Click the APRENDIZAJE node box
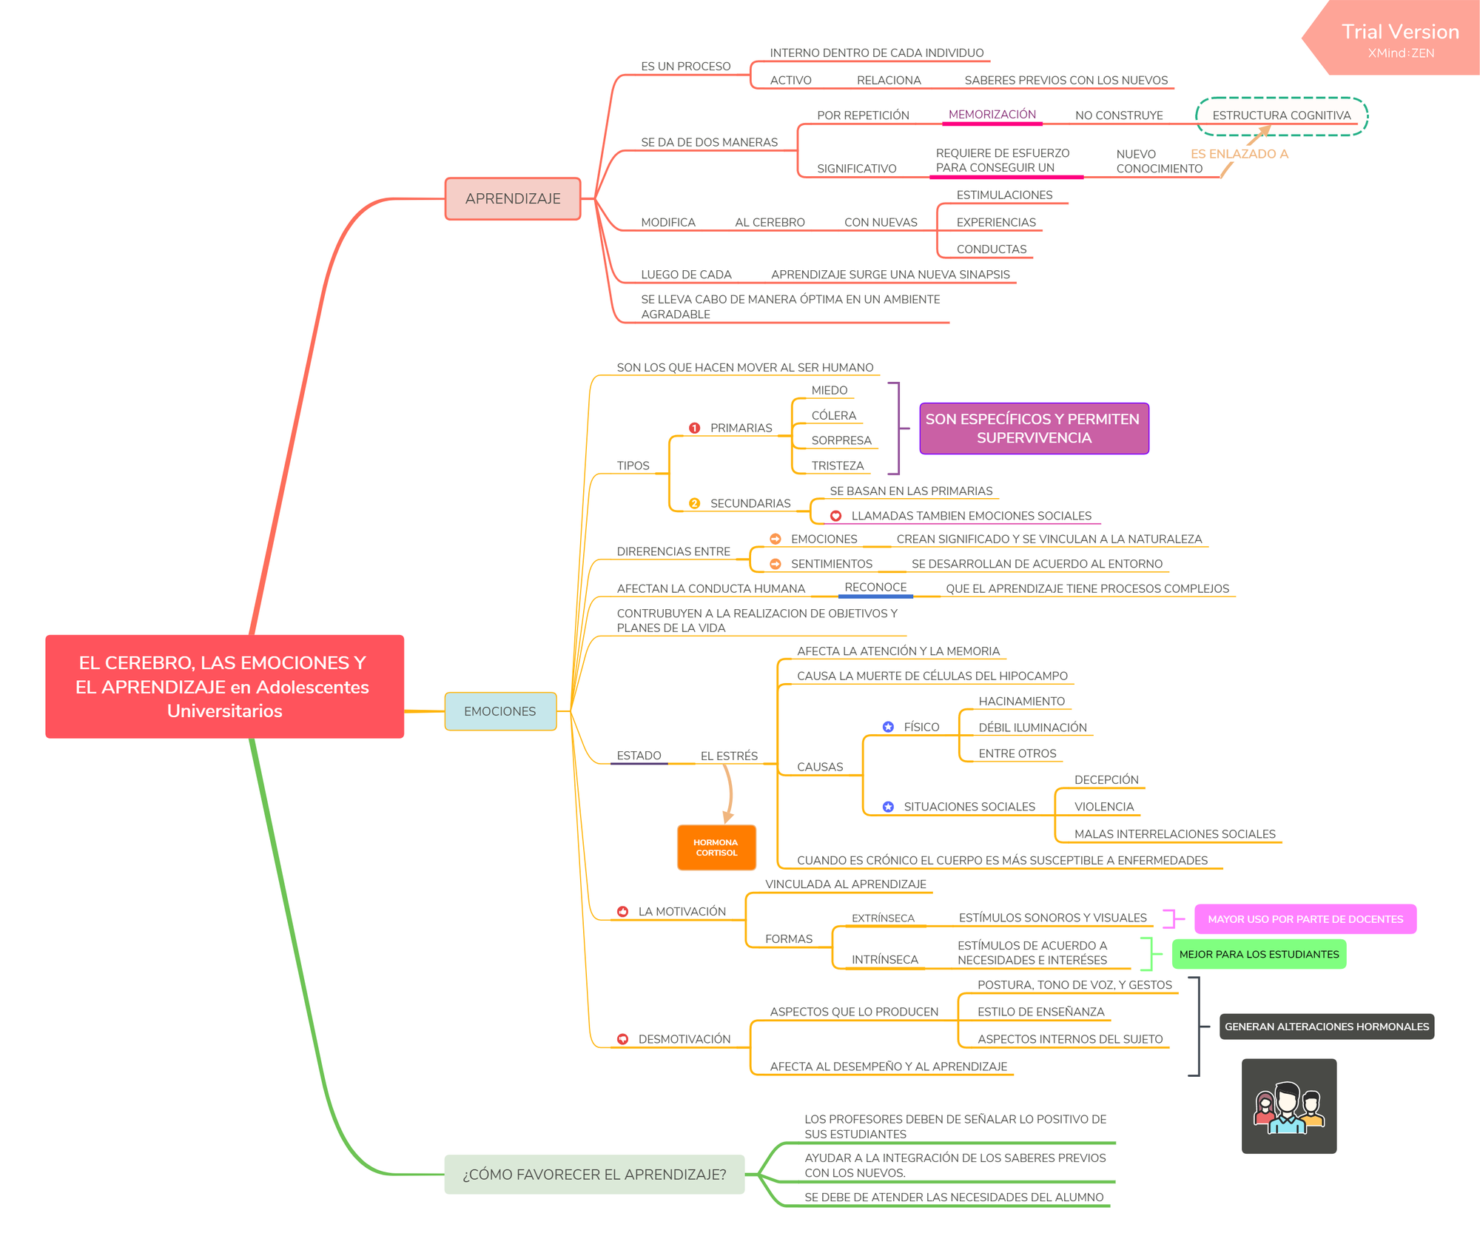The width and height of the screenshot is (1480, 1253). coord(513,198)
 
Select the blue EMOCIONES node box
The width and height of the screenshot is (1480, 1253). coord(500,711)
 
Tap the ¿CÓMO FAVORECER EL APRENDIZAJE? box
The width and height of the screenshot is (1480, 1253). coord(594,1174)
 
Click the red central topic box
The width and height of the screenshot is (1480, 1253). coord(225,686)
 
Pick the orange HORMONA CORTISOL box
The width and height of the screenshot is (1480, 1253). coord(716,847)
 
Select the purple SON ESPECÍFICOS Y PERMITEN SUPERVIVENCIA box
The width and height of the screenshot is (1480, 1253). coord(1034,429)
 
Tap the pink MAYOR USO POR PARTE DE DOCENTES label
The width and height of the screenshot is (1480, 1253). coord(1305,919)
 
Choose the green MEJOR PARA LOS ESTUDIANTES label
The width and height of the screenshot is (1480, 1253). coord(1259,954)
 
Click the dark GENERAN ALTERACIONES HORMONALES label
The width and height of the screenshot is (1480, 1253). coord(1327,1027)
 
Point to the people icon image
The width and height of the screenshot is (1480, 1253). coord(1289,1106)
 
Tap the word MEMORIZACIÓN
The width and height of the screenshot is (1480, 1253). coord(992,114)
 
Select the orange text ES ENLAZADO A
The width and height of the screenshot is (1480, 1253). coord(1239,154)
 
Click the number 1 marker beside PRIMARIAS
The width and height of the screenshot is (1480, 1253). coord(694,428)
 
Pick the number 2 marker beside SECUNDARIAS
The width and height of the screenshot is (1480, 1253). coord(694,503)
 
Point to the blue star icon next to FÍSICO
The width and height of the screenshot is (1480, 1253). coord(888,727)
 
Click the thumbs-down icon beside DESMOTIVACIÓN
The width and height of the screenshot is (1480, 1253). coord(623,1039)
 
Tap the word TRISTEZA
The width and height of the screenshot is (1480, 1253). coord(838,466)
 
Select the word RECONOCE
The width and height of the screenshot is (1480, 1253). coord(875,587)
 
